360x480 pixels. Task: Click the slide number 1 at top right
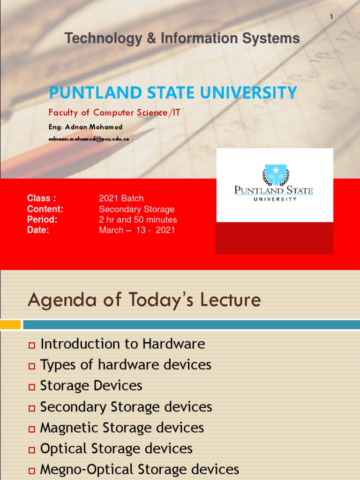click(x=331, y=17)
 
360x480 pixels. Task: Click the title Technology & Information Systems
click(x=182, y=39)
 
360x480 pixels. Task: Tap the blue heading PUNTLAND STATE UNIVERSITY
click(x=173, y=92)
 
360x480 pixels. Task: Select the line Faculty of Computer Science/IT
click(x=114, y=112)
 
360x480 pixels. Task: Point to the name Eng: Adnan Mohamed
click(x=85, y=127)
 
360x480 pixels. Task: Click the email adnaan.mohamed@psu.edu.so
click(x=89, y=139)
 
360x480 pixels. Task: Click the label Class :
click(x=42, y=198)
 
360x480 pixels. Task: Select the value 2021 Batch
click(x=121, y=198)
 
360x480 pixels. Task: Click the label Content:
click(x=45, y=209)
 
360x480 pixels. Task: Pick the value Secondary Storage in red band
click(x=136, y=209)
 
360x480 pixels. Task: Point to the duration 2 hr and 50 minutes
click(x=138, y=219)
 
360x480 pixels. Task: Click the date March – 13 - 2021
click(x=136, y=230)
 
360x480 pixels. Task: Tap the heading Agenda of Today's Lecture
click(x=144, y=300)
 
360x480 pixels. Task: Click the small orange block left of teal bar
click(x=10, y=324)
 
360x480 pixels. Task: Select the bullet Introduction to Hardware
click(x=123, y=344)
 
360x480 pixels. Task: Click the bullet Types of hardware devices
click(x=126, y=365)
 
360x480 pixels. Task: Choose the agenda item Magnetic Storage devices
click(x=122, y=427)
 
